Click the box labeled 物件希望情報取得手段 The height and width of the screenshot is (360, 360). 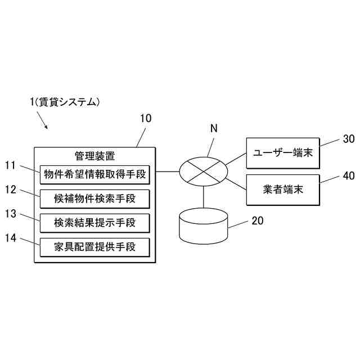click(95, 175)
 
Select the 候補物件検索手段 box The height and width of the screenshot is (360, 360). click(95, 199)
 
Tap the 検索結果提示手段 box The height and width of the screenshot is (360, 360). click(95, 223)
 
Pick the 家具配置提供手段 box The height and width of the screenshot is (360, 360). click(95, 247)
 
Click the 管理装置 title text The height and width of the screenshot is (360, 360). click(95, 156)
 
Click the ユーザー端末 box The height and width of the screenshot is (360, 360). click(283, 153)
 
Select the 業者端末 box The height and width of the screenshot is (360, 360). click(283, 190)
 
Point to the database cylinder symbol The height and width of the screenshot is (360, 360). click(204, 226)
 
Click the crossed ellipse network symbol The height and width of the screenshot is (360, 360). click(204, 172)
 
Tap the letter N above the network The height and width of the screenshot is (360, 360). click(214, 128)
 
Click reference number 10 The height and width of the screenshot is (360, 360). click(146, 119)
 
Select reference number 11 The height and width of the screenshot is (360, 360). click(11, 165)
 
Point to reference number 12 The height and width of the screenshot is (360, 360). click(11, 190)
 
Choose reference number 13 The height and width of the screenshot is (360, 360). click(11, 214)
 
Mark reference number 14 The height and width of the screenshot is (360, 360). click(11, 238)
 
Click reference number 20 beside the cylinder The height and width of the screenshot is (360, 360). click(258, 220)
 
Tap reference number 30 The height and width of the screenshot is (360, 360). click(349, 139)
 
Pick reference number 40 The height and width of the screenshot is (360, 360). click(349, 175)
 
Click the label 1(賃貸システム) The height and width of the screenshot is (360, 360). click(65, 102)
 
